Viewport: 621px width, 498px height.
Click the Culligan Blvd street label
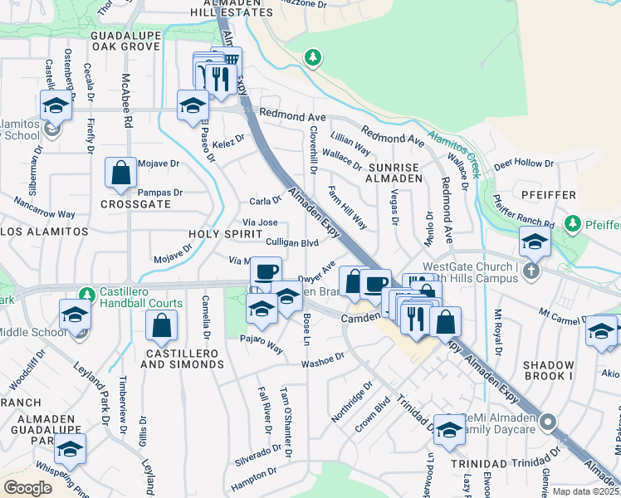click(x=292, y=243)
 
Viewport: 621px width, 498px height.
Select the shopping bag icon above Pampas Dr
click(x=121, y=173)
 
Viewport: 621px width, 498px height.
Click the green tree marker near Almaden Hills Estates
click(x=312, y=57)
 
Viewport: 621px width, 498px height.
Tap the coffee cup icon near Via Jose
click(x=266, y=272)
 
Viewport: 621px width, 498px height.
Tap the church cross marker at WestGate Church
click(x=532, y=271)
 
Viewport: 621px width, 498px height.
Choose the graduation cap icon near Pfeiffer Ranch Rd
click(x=535, y=242)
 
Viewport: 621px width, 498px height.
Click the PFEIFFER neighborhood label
click(x=548, y=194)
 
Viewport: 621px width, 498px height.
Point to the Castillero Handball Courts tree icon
click(x=86, y=294)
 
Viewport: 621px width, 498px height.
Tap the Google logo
click(x=28, y=487)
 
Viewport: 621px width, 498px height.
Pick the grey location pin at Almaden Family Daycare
click(x=547, y=423)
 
